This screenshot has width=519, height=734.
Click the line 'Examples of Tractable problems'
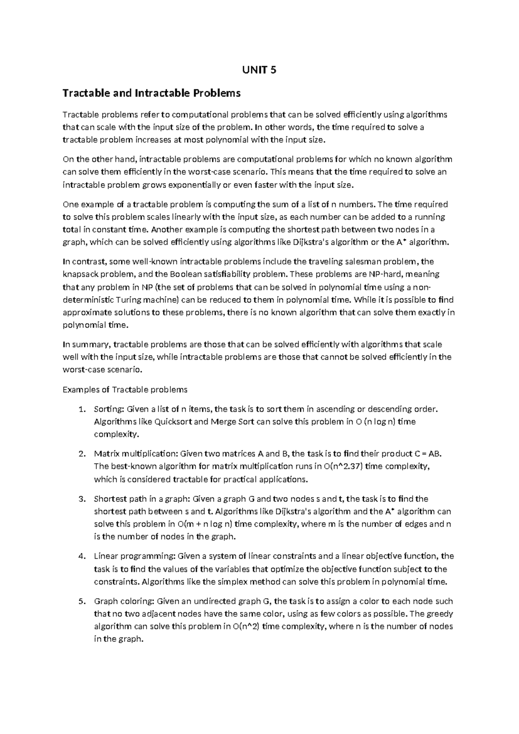[125, 390]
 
